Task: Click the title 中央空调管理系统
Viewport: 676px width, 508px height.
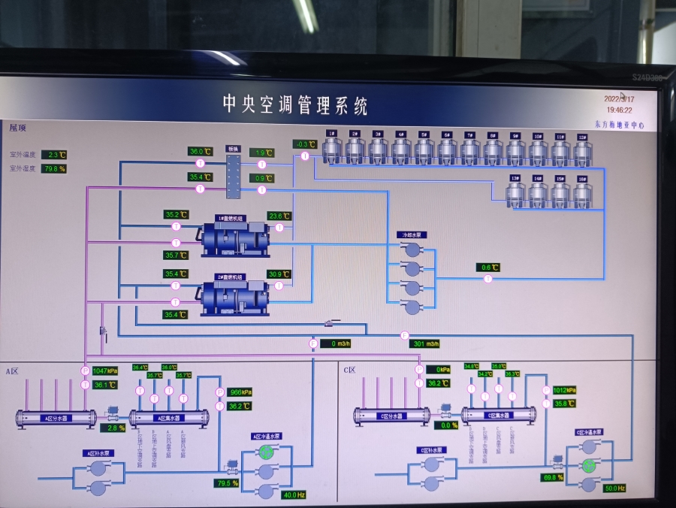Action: click(295, 104)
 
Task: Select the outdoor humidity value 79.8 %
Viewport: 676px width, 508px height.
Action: click(54, 169)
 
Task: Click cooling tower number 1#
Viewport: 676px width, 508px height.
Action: click(332, 149)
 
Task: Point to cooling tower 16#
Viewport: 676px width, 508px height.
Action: click(583, 192)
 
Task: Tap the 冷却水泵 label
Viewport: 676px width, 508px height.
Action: click(411, 235)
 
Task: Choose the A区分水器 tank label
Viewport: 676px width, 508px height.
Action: click(56, 419)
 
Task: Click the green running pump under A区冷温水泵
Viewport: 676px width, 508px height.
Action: click(266, 451)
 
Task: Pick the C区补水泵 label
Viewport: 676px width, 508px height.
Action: click(431, 450)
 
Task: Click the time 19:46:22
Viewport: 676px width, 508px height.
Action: click(619, 110)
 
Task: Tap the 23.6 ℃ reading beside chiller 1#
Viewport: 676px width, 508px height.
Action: click(279, 216)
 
